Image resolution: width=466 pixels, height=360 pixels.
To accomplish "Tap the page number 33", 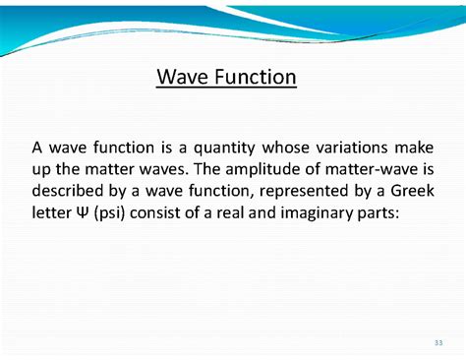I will [x=437, y=343].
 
